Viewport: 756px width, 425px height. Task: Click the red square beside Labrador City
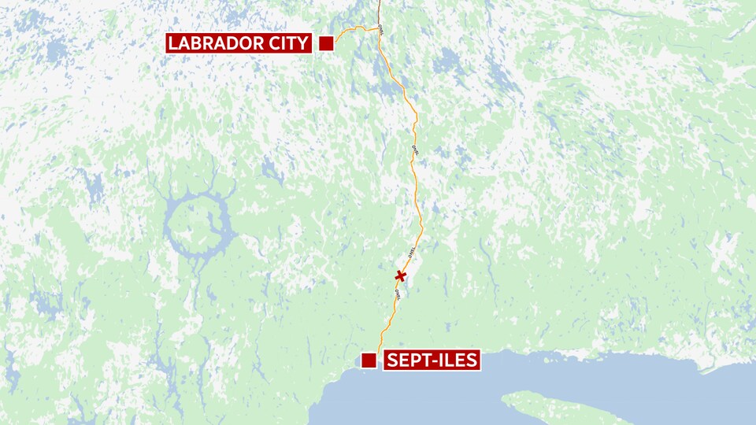(x=325, y=43)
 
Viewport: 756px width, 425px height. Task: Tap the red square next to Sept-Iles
(x=368, y=360)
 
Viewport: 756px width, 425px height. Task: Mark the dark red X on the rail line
(x=401, y=275)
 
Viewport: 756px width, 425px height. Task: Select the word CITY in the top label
(x=286, y=43)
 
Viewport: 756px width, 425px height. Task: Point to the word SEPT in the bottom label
(x=408, y=360)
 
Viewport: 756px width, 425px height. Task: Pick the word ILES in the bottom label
(x=456, y=360)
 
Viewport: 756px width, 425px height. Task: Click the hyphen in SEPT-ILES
(x=431, y=361)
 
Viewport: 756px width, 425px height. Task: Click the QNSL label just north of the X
(x=410, y=252)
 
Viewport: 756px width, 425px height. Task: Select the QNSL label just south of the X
(x=397, y=294)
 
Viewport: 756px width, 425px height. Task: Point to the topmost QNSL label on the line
(x=380, y=28)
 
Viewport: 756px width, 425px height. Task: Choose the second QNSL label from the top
(x=414, y=148)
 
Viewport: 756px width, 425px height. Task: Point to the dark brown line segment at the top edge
(x=379, y=8)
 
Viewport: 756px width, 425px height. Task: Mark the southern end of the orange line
(x=378, y=350)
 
